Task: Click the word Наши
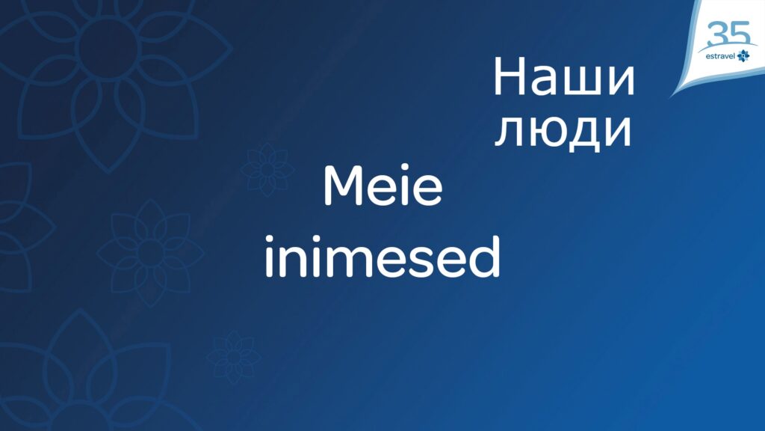[x=564, y=77]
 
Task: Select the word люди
[x=563, y=131]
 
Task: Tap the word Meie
[x=383, y=186]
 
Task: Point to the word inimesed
[x=383, y=256]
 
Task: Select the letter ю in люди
[x=549, y=131]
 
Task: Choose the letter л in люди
[x=509, y=132]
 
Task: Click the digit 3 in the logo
[x=718, y=34]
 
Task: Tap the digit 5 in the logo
[x=739, y=33]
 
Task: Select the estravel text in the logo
[x=720, y=56]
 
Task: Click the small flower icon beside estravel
[x=743, y=55]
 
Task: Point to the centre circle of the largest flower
[x=107, y=48]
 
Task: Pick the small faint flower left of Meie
[x=267, y=170]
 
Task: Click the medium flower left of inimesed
[x=150, y=253]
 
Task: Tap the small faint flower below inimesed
[x=234, y=357]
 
